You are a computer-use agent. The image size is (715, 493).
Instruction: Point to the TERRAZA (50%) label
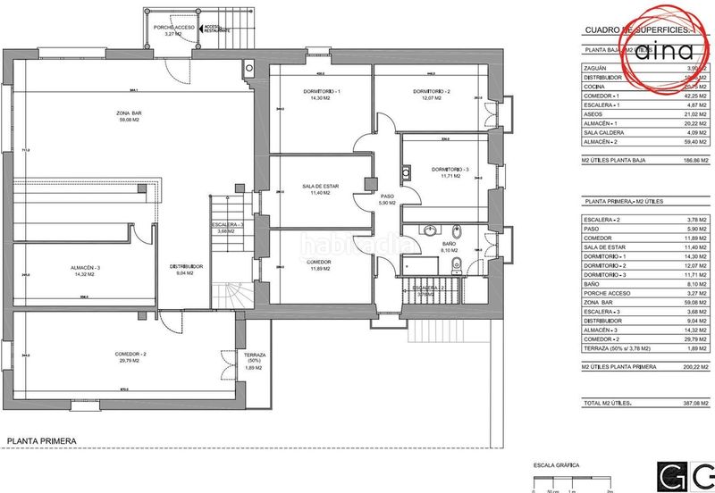tap(229, 358)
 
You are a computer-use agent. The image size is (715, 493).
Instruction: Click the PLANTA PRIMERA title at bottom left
tap(41, 440)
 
